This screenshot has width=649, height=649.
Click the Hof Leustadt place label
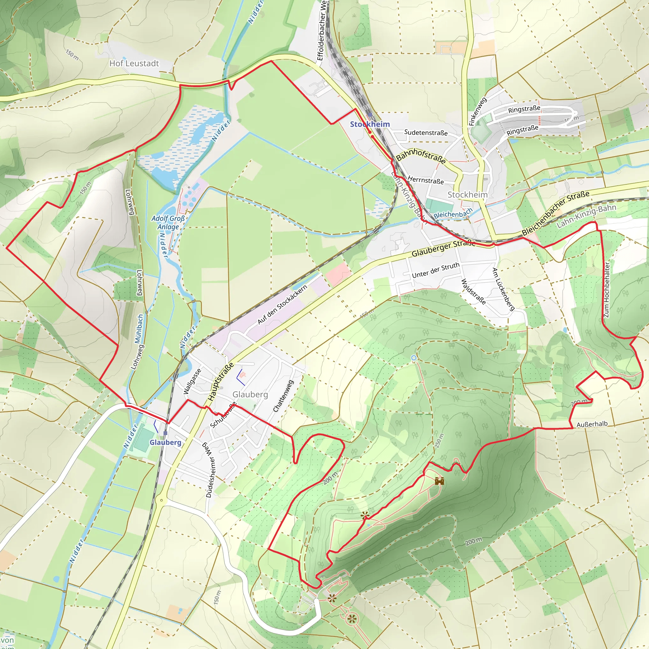[134, 63]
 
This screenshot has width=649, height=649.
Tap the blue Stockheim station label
[370, 124]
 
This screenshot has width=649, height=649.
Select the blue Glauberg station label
[165, 442]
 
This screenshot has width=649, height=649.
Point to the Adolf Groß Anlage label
[168, 222]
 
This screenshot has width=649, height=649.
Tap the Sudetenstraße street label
[426, 132]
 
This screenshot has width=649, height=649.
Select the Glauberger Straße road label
[443, 248]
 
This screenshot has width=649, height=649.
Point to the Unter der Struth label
[435, 270]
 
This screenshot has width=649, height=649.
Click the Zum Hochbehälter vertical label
[607, 290]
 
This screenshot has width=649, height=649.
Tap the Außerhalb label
[592, 424]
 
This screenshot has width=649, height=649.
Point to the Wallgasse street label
[192, 381]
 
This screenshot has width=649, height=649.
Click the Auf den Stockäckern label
[282, 305]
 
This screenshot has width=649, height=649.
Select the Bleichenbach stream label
[453, 213]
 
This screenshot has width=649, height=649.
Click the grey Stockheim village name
[467, 195]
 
